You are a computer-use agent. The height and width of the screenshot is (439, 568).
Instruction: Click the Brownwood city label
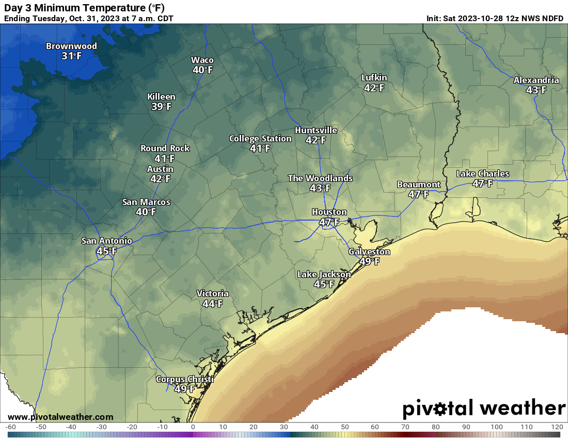point(71,46)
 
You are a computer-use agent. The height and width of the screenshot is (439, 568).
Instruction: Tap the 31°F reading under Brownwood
point(71,56)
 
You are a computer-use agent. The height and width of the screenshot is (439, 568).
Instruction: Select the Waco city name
point(202,60)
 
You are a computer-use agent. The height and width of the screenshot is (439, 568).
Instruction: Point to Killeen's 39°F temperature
point(161,106)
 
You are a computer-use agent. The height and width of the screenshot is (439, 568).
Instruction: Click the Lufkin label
point(374,78)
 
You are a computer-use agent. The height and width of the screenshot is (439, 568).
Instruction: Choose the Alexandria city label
point(536,80)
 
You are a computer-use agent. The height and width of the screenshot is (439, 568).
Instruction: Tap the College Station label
point(260,138)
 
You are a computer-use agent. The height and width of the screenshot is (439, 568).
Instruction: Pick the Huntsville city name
point(315,130)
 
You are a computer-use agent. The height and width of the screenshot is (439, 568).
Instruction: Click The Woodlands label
point(320,178)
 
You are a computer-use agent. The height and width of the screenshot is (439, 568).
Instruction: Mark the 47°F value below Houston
point(329,222)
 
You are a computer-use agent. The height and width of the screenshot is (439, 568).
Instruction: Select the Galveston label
point(369,252)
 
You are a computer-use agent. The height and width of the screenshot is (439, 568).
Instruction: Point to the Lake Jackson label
point(324,274)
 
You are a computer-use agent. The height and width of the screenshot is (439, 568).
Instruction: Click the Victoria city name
point(212,294)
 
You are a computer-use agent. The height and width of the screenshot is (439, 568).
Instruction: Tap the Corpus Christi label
point(184,380)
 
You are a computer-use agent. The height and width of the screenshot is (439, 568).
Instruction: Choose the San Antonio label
point(106,241)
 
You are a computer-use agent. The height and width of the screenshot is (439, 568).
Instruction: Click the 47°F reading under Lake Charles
point(482,183)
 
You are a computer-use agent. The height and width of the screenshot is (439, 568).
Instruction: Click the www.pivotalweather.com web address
point(60,417)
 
